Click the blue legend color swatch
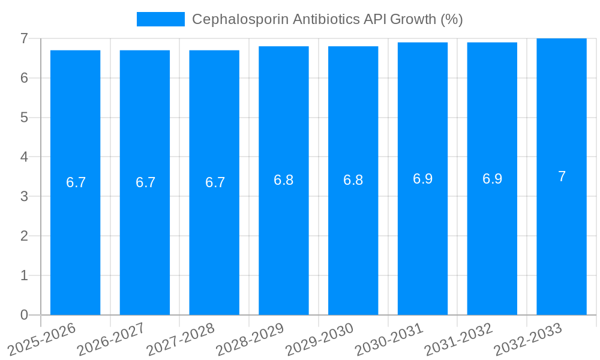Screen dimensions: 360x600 160,19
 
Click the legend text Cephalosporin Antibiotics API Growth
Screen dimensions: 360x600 327,19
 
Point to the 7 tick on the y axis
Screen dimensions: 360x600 24,38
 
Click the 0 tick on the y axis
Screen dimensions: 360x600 24,315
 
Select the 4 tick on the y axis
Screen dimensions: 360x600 24,157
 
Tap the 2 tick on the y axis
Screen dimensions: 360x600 24,236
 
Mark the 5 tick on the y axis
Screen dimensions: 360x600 24,118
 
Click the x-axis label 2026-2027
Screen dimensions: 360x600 112,339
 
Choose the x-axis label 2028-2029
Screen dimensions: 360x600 250,339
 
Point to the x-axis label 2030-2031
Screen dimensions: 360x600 389,339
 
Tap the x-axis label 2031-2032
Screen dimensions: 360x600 459,339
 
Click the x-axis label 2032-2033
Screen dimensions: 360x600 528,339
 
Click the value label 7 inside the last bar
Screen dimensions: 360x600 562,176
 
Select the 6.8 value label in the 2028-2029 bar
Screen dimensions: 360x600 283,180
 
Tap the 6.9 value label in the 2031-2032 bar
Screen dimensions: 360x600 492,179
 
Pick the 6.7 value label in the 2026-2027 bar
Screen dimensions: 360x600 145,182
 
